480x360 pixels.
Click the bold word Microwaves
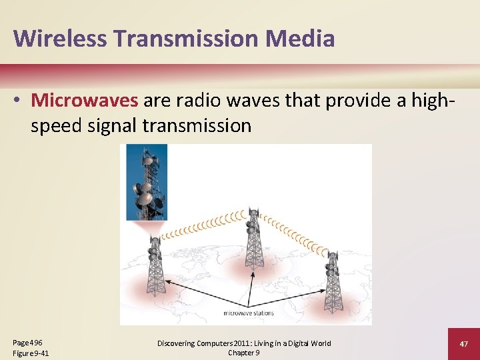(85, 100)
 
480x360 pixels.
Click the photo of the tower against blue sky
(147, 182)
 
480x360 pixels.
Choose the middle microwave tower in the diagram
(253, 240)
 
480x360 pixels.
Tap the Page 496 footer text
(27, 342)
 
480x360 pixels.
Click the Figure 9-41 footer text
(31, 353)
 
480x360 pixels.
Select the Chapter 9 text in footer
(243, 353)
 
